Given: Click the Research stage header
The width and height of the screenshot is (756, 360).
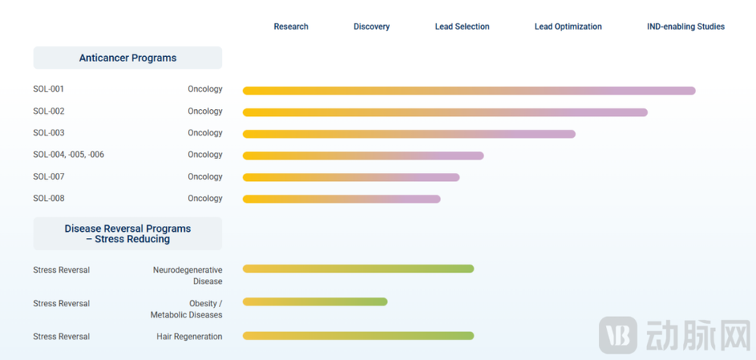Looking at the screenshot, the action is click(x=291, y=27).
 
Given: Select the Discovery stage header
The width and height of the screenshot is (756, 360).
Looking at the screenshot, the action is click(x=371, y=27).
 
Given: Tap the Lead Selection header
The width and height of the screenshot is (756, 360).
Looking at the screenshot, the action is click(x=462, y=27).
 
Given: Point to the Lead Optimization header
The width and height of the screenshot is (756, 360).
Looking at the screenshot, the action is click(x=568, y=27).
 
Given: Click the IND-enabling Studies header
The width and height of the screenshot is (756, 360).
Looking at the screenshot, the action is click(x=686, y=27).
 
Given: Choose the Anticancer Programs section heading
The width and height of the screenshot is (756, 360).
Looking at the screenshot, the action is click(x=128, y=58).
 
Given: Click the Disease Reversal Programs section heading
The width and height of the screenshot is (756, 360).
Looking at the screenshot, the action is click(x=128, y=233).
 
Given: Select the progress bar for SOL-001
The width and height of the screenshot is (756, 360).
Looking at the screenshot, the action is click(x=469, y=91).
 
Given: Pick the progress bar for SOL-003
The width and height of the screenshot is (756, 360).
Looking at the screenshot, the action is click(x=409, y=133).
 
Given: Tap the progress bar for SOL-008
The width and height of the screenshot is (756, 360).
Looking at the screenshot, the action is click(x=342, y=199).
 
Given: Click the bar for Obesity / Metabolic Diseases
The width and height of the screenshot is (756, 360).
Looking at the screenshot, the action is click(x=315, y=302).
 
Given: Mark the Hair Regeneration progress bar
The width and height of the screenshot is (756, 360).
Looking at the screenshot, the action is click(x=358, y=336).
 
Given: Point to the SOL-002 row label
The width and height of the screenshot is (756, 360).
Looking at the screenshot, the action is click(x=48, y=111).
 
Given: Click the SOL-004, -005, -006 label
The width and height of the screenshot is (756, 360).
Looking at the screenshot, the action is click(x=68, y=155).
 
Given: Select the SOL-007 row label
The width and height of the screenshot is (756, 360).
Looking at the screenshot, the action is click(x=48, y=177).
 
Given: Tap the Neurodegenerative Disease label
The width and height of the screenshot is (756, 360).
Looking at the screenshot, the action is click(x=188, y=276).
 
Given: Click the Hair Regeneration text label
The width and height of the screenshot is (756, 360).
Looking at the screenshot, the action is click(x=189, y=337).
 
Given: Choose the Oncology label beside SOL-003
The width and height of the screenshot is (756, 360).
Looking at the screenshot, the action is click(x=205, y=133).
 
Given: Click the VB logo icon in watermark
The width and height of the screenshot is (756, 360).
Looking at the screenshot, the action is click(x=617, y=335).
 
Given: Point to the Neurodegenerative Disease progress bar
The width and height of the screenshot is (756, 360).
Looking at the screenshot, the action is click(x=358, y=269).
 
